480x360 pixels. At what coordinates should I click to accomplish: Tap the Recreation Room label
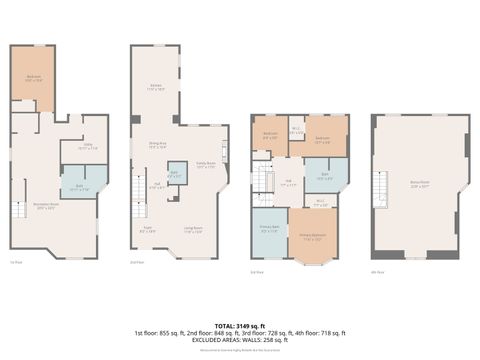(x=46, y=207)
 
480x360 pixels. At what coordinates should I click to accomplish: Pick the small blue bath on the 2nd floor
(x=176, y=174)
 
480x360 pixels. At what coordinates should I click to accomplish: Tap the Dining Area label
(x=157, y=145)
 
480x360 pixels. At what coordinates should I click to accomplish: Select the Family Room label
(x=205, y=165)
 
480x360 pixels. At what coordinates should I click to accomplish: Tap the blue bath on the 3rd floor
(x=324, y=176)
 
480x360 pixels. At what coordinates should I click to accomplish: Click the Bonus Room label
(x=422, y=183)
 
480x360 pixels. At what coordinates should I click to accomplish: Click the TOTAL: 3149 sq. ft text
(x=239, y=325)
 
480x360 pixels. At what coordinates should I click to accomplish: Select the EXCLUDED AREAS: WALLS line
(x=239, y=341)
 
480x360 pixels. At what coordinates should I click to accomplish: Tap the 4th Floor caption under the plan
(x=378, y=271)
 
